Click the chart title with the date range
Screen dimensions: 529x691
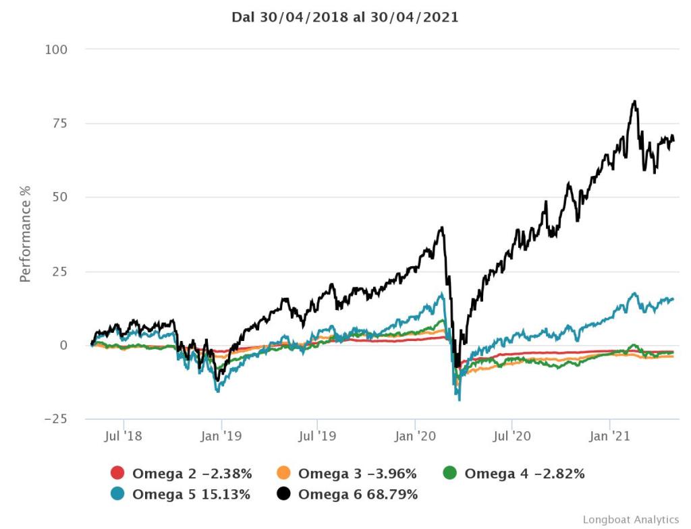click(345, 18)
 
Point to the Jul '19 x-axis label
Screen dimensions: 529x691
click(318, 437)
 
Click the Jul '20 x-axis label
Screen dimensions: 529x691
click(512, 437)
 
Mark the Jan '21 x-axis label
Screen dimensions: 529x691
click(610, 437)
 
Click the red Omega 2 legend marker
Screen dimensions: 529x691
click(117, 473)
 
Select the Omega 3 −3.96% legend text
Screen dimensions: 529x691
click(358, 473)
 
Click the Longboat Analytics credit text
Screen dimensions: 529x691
click(630, 520)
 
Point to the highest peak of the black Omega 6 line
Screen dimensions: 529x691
click(634, 102)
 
